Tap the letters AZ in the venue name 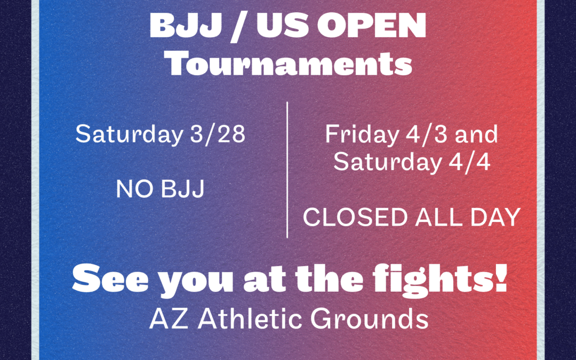(163, 318)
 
